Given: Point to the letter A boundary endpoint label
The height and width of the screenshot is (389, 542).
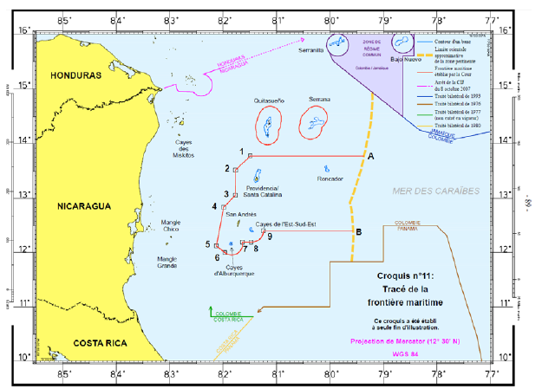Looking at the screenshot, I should pos(370,156).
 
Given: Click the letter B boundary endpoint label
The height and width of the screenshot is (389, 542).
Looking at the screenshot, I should pos(359,231).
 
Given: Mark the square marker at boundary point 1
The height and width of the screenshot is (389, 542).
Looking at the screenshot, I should pos(250,156).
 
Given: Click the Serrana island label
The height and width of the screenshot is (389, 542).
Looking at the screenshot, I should pos(319,100).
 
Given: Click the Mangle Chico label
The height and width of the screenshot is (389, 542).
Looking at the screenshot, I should pos(176,227).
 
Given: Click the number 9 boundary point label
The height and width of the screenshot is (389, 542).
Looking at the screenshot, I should pos(270,236).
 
